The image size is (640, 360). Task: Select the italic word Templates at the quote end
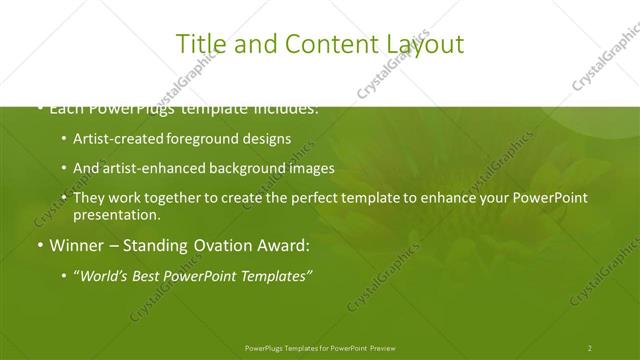274,276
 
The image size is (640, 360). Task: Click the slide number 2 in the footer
590,347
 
